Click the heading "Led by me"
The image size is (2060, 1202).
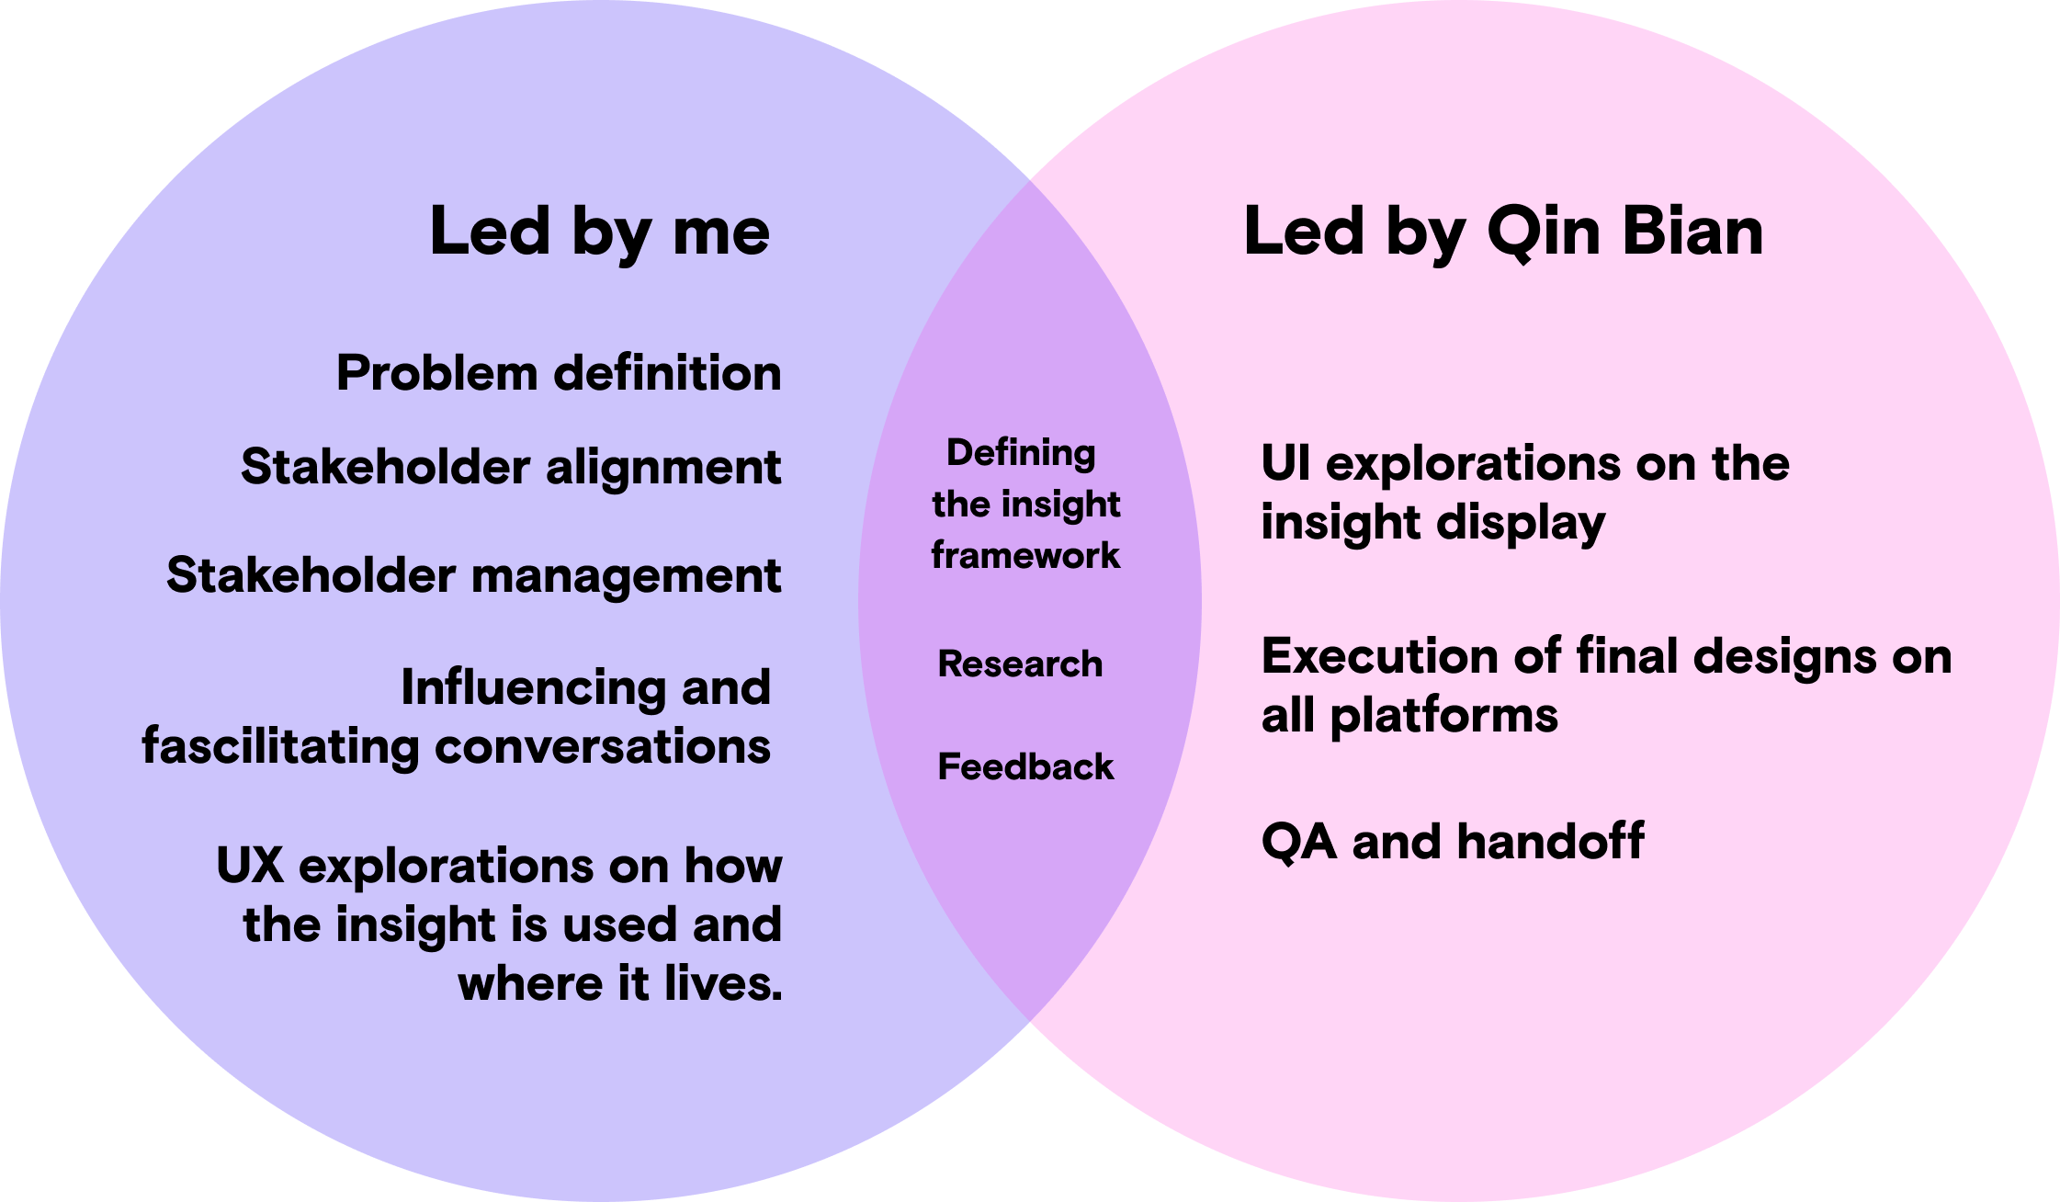coord(599,232)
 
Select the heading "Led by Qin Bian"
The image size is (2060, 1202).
coord(1503,232)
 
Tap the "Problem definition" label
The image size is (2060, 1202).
coord(559,373)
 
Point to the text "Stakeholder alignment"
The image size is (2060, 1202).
coord(511,467)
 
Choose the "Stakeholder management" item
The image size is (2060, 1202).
coord(474,576)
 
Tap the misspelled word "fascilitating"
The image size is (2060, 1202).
coord(280,746)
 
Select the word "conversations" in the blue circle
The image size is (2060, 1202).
coord(603,746)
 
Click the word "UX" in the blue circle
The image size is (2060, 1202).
coord(250,866)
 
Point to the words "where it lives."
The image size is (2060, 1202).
coord(620,983)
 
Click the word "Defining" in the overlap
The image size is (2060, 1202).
coord(1021,453)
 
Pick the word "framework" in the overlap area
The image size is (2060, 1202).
coord(1025,555)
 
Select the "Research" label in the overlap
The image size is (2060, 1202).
coord(1020,663)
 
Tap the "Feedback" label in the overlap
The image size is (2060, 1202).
coord(1025,766)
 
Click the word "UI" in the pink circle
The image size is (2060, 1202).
coord(1285,463)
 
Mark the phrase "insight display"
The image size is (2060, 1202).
coord(1433,523)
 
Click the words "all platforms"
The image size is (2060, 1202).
coord(1409,715)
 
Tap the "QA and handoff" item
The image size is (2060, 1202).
coord(1453,842)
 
